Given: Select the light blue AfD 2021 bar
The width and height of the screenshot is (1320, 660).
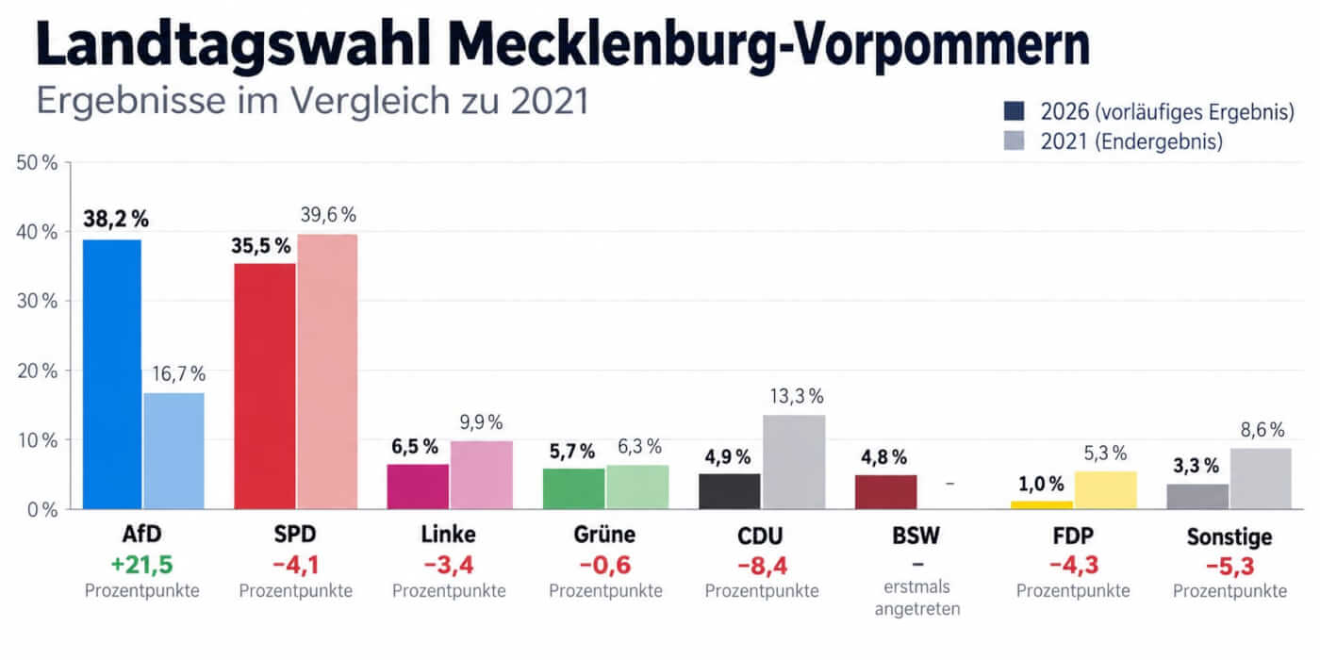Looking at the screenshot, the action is [173, 451].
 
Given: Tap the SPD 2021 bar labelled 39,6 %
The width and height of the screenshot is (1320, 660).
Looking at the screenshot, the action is [327, 371].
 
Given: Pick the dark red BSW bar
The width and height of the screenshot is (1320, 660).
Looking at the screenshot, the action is [885, 492].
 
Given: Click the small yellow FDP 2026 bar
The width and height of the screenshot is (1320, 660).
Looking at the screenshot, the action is [1041, 505].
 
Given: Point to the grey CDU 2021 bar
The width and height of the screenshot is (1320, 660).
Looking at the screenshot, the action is [794, 462].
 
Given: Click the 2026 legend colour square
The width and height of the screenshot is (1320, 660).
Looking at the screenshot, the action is [1014, 111].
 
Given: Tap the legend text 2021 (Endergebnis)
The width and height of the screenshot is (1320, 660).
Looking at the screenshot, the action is [1131, 141].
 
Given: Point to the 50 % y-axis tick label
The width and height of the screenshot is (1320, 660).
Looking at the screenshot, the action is [37, 162].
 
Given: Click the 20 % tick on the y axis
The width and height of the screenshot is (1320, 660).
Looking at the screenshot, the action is [37, 371].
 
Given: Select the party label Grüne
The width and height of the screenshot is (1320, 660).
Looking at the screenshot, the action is [604, 535].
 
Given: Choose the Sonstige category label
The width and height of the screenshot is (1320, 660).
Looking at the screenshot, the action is [1229, 536].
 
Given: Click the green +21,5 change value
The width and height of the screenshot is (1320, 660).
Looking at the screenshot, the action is [141, 565].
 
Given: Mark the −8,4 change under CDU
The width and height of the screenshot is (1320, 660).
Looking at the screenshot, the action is [762, 566].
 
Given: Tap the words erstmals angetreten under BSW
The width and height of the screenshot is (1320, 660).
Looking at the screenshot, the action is [916, 598].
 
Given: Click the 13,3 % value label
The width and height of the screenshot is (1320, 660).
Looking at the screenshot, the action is [797, 397].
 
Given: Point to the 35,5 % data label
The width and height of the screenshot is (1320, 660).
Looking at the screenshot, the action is [260, 246].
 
